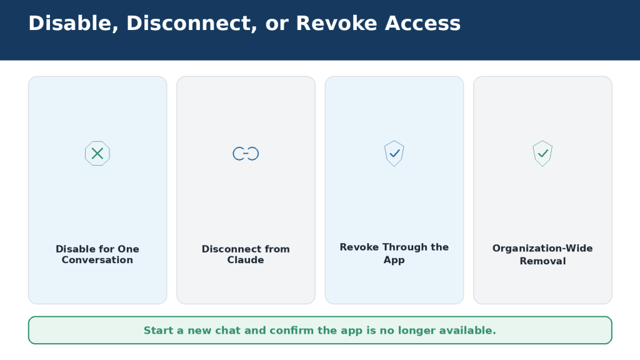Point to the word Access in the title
[x=423, y=23]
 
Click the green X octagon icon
[x=97, y=154]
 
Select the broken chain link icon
[x=246, y=154]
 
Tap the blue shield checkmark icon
[x=394, y=154]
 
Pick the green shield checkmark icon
[x=542, y=154]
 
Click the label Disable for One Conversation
[x=97, y=254]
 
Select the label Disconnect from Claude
[x=246, y=254]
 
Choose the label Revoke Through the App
[x=394, y=253]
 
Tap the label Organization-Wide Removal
[x=542, y=254]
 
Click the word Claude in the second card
[x=246, y=260]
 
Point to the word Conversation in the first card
[x=97, y=260]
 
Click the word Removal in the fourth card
[x=542, y=261]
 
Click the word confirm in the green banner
[x=291, y=330]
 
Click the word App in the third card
[x=394, y=260]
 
